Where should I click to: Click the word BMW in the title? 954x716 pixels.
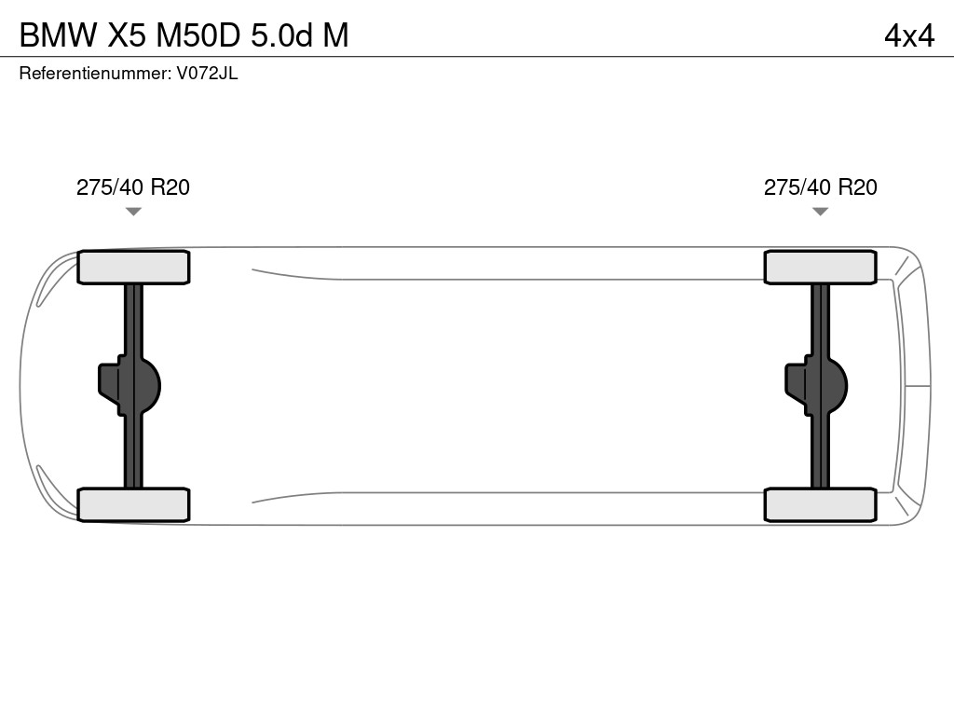click(x=59, y=35)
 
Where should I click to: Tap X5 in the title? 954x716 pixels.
click(x=127, y=35)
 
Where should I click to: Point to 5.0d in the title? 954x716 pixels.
click(x=281, y=35)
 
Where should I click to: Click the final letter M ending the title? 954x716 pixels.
click(x=335, y=35)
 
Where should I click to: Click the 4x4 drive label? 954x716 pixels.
click(x=909, y=36)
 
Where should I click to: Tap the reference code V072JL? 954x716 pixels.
click(x=208, y=74)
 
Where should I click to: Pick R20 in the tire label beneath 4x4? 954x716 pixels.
click(x=858, y=187)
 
